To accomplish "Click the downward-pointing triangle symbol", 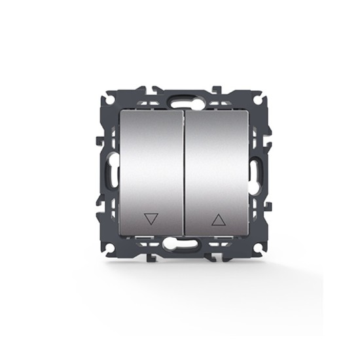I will coord(151,219).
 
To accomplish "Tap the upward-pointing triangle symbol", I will coord(218,219).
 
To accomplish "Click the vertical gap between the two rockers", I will coord(181,174).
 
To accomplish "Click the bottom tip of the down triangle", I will coord(151,224).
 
